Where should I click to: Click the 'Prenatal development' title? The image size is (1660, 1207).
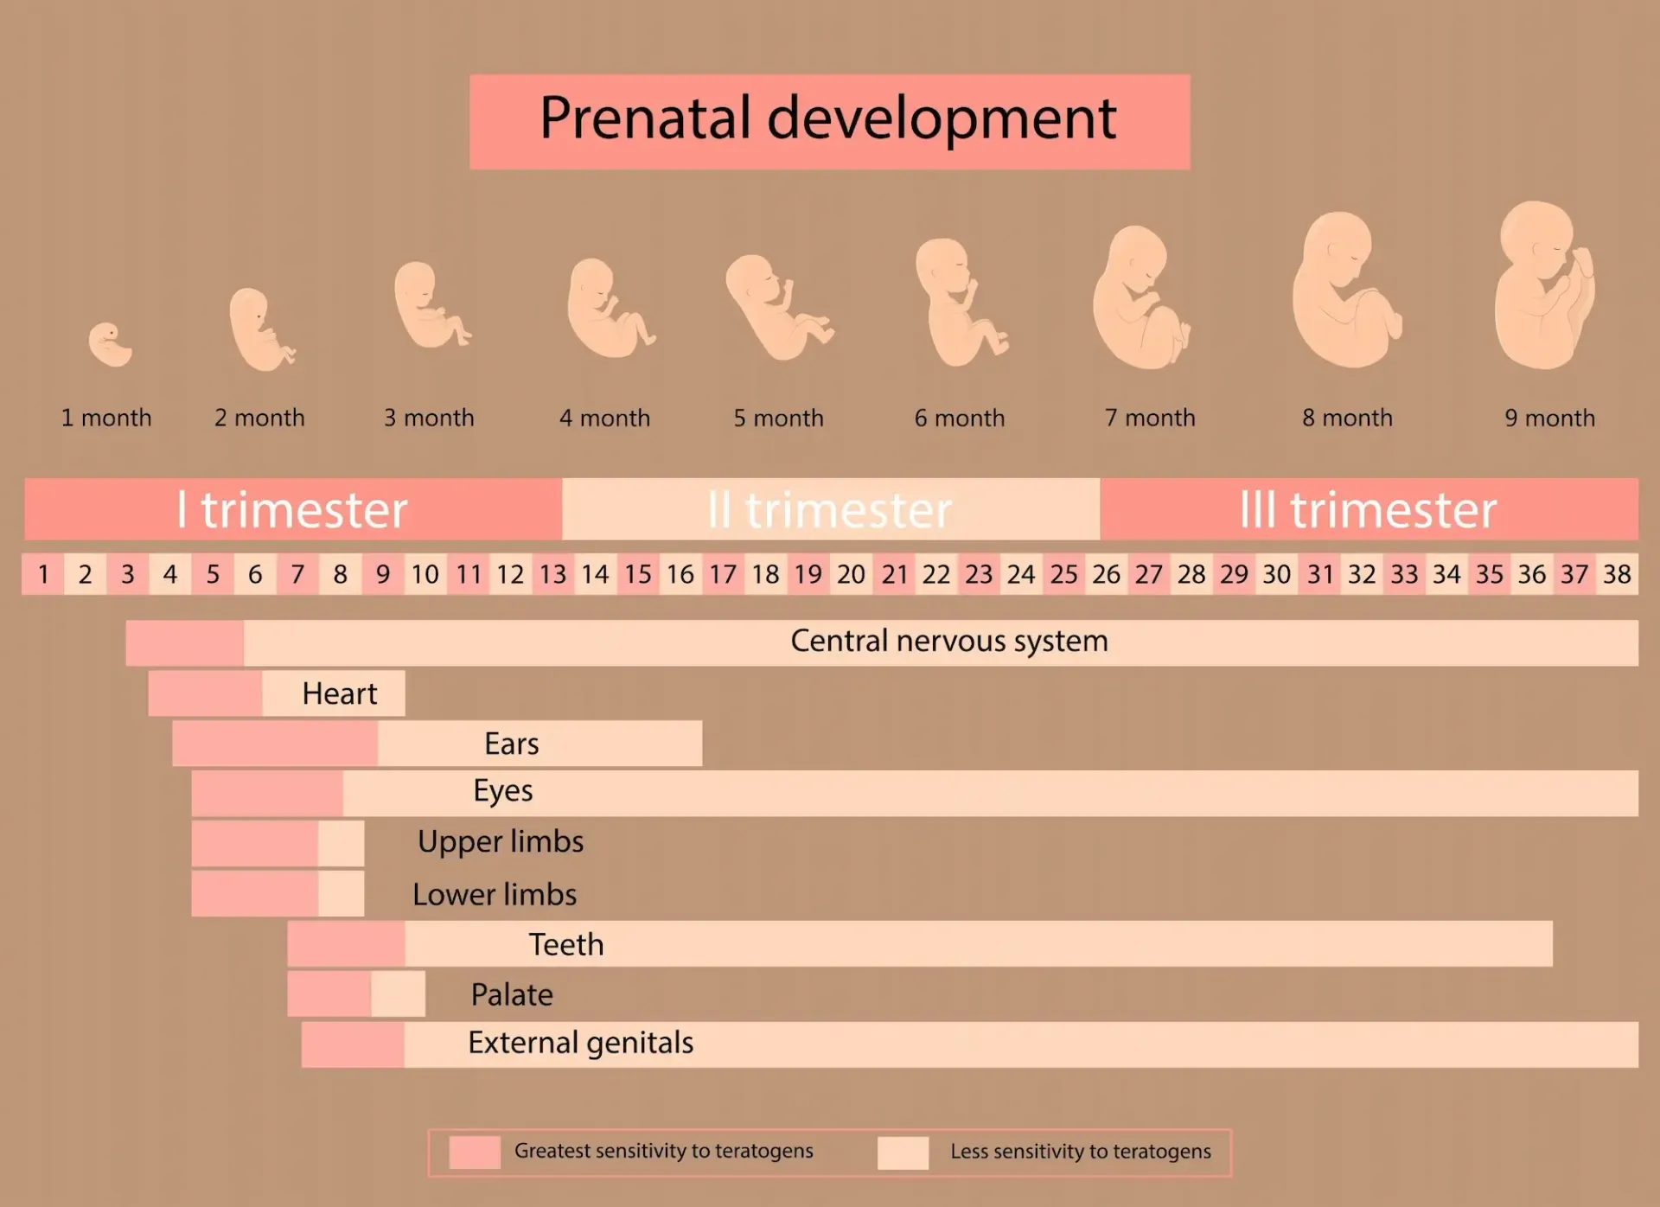(828, 119)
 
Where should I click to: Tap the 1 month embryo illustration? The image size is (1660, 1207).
(110, 344)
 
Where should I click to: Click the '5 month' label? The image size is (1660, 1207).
(778, 418)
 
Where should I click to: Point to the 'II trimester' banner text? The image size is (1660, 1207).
(829, 510)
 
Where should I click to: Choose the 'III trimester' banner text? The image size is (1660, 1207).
(1368, 510)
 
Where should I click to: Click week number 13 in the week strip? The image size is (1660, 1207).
(552, 575)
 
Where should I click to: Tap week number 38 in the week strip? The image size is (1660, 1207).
(1617, 575)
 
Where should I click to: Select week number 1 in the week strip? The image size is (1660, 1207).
(43, 575)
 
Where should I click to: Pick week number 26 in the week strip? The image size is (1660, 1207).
(1106, 575)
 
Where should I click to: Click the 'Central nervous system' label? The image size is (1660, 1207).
(948, 642)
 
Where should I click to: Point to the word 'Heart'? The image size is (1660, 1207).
(339, 694)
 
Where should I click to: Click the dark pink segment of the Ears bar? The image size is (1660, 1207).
(274, 744)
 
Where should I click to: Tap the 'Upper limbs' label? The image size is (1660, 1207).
(501, 842)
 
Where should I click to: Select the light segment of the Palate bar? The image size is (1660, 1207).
(398, 994)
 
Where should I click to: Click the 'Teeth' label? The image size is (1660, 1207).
(566, 945)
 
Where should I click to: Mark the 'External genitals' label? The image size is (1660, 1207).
(580, 1044)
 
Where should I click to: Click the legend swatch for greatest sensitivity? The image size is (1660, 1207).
(475, 1153)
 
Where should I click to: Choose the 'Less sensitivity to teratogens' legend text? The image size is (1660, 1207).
(1080, 1153)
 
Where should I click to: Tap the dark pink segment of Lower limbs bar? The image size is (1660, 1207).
(254, 894)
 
